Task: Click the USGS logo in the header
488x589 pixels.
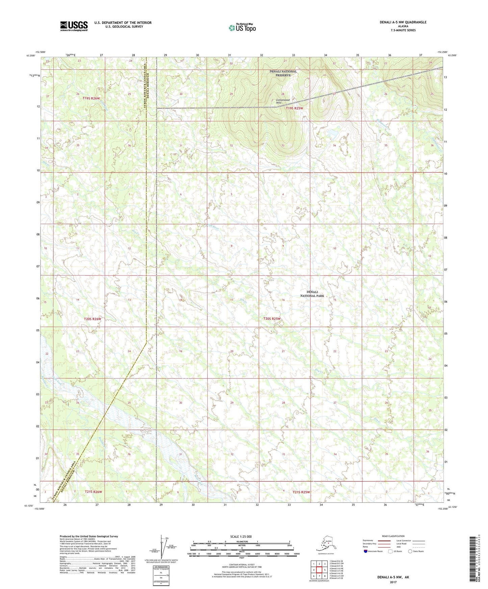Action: (x=74, y=26)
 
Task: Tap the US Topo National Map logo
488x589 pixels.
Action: (x=242, y=28)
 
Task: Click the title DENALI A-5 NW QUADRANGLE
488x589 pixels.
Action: (x=403, y=22)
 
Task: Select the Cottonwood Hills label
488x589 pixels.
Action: (x=283, y=102)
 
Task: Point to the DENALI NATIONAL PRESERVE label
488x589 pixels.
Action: (x=283, y=73)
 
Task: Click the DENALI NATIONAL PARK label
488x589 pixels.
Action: (x=312, y=294)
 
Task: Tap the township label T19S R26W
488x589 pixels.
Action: (x=92, y=98)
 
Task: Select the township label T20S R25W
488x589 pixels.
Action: (x=272, y=318)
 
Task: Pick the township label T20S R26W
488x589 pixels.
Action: (x=93, y=319)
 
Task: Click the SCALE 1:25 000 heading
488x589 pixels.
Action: (x=241, y=536)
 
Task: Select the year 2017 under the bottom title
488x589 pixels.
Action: (x=393, y=582)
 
